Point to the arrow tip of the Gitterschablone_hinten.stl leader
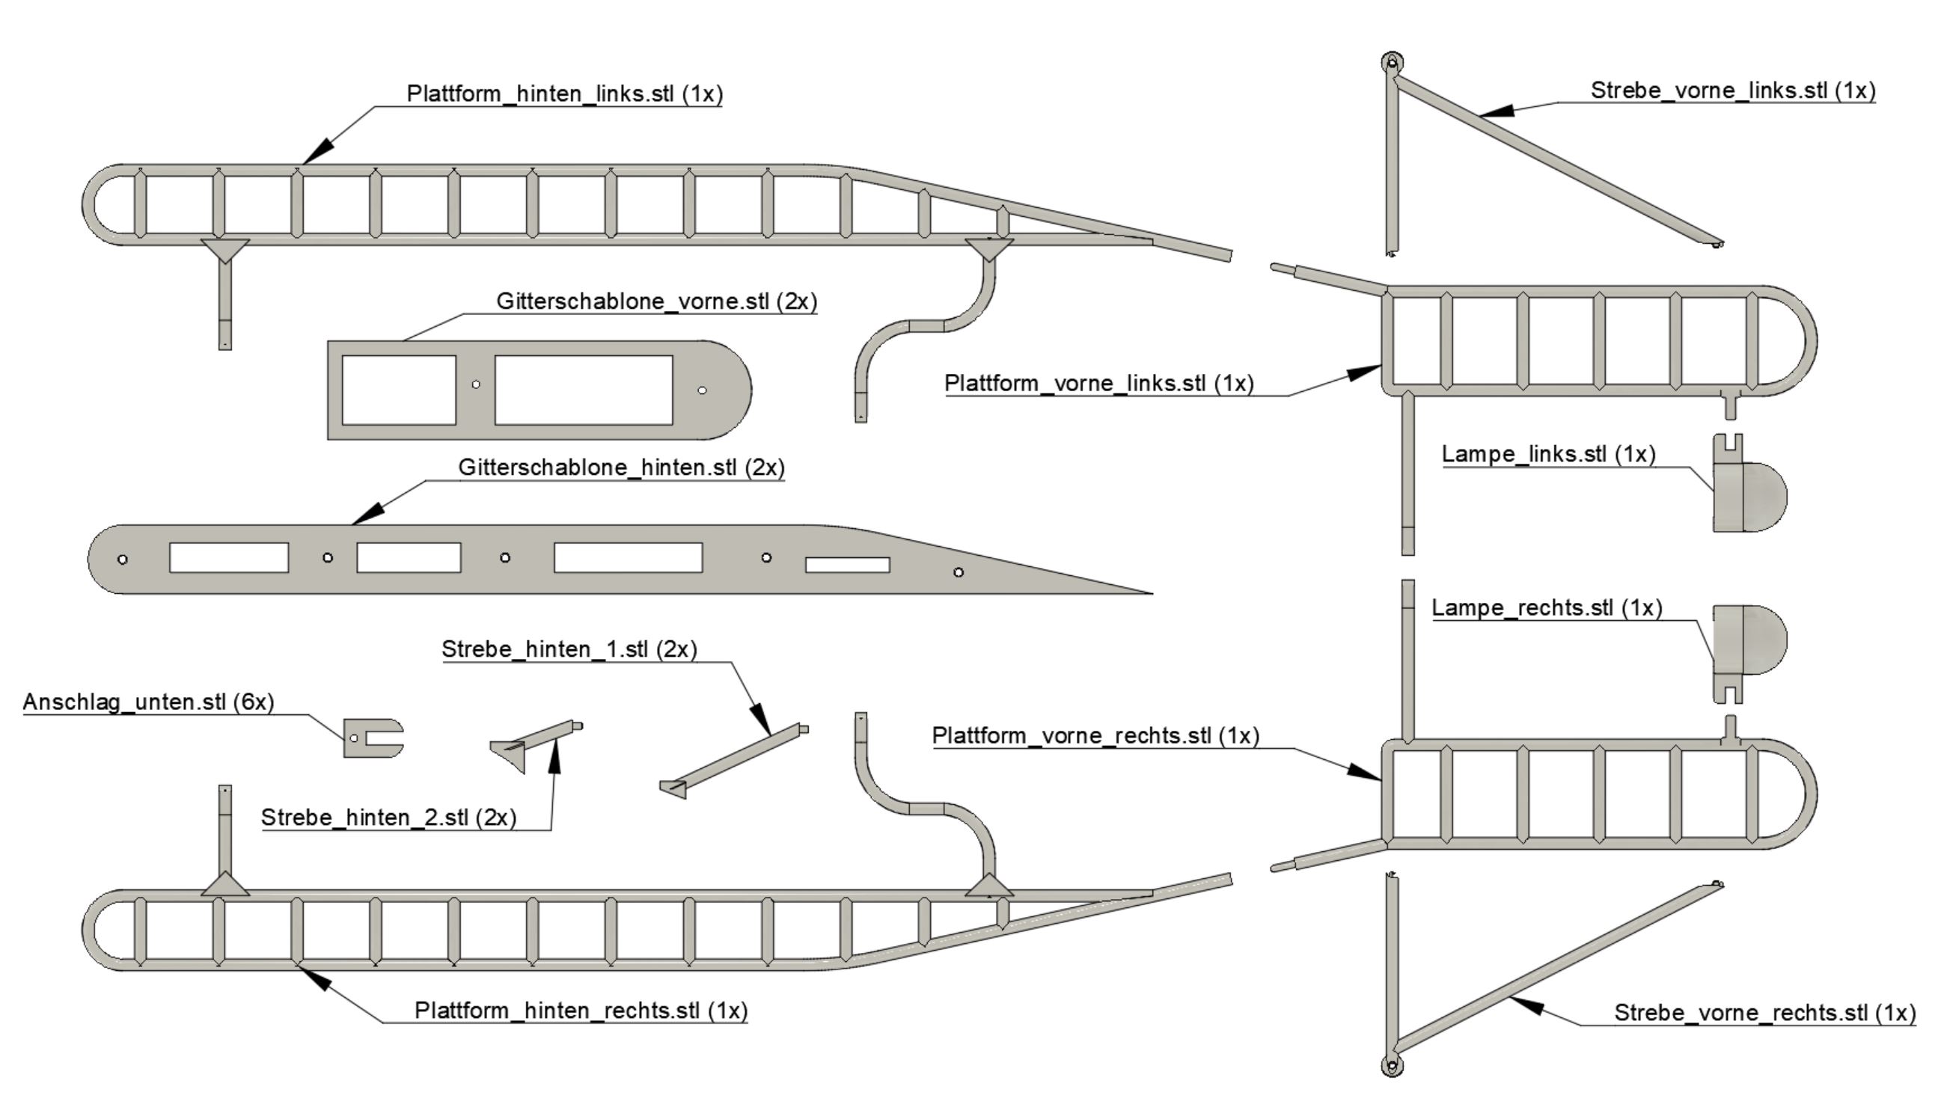click(x=352, y=525)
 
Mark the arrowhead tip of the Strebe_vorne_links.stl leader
click(x=1478, y=117)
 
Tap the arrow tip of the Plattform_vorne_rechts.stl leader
click(x=1381, y=780)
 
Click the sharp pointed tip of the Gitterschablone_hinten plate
click(x=1152, y=592)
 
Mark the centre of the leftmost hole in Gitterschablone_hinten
click(x=123, y=559)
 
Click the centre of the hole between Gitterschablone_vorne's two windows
click(x=476, y=384)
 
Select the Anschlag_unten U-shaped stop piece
click(x=371, y=738)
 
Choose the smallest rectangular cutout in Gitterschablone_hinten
click(x=847, y=565)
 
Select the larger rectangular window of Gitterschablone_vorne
click(x=584, y=390)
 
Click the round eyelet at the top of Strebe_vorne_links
click(x=1392, y=63)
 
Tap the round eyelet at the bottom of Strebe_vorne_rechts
click(x=1392, y=1065)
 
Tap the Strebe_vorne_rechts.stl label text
click(x=1741, y=1013)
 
